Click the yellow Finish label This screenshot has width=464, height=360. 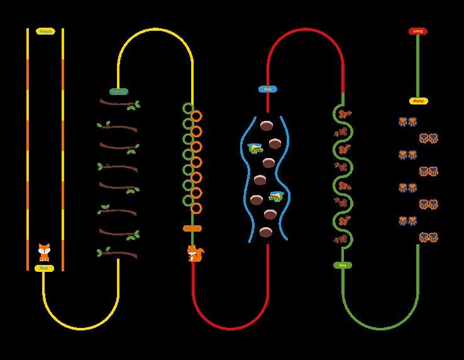coord(45,31)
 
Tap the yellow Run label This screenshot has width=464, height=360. coord(44,268)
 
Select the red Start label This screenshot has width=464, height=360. coord(417,31)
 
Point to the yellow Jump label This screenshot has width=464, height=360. coord(418,101)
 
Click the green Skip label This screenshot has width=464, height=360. coord(343,266)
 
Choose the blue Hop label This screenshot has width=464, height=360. coord(267,89)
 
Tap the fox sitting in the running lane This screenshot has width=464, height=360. coord(44,252)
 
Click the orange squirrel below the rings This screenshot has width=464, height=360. coord(195,254)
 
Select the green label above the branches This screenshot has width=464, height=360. coord(118,91)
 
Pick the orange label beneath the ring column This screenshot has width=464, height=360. coord(192,228)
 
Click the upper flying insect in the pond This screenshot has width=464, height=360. coord(255,149)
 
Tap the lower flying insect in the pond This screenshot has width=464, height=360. coord(276,196)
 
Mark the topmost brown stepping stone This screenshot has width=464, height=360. coord(267,125)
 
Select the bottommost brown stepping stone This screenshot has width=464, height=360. coord(266,232)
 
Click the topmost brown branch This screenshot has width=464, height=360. coord(119,103)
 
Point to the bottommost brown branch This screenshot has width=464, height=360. coord(118,254)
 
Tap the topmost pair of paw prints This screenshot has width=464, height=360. coord(407,122)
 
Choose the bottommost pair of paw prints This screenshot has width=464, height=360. coord(428,237)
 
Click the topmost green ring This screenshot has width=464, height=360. coord(188,108)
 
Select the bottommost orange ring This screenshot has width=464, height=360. coord(196,208)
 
